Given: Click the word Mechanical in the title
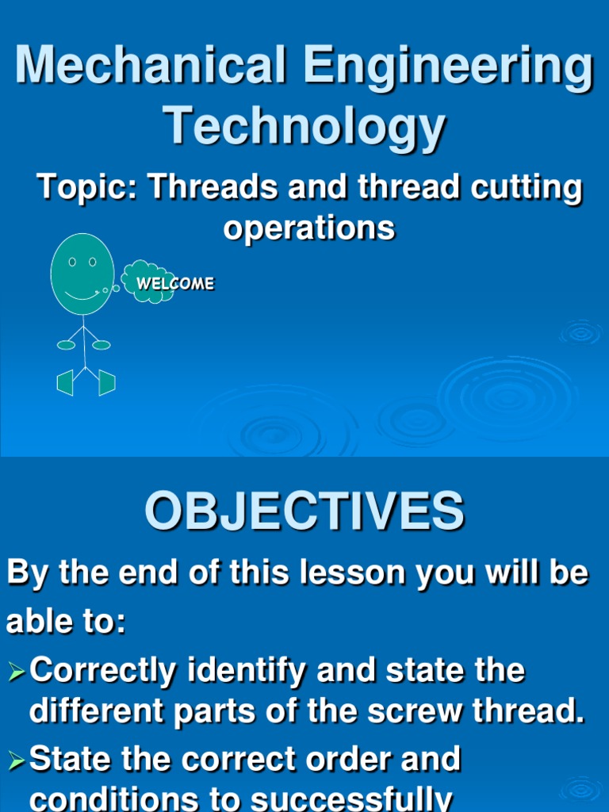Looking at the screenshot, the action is tap(150, 64).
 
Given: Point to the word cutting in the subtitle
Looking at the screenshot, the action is tap(527, 189).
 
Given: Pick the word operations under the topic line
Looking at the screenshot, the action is tap(309, 228).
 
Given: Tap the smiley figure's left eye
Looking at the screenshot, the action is tap(72, 262).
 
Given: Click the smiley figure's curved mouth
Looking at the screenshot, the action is tap(82, 297).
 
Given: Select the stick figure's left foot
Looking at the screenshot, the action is tap(65, 383).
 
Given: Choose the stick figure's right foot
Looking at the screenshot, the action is tap(107, 383).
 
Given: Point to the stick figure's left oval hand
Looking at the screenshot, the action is tap(66, 345).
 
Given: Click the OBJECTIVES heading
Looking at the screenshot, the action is tap(304, 511).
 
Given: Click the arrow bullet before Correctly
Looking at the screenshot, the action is tap(17, 672).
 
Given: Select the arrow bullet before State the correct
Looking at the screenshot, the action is tap(17, 761).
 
